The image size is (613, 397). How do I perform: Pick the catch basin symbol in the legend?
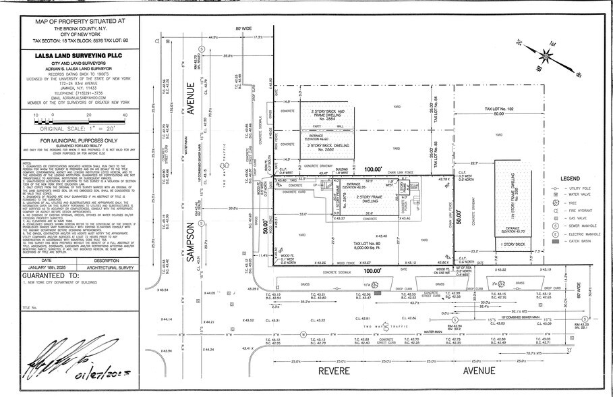tap(554, 240)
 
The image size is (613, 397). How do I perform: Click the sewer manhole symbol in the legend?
tap(554, 226)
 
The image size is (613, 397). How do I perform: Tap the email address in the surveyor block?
tap(77, 97)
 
